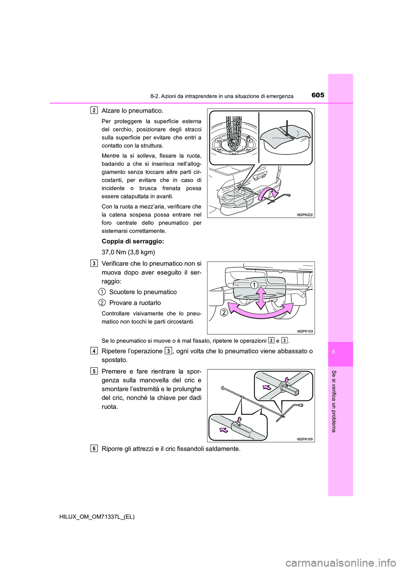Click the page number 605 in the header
click(318, 95)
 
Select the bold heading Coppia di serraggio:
click(133, 241)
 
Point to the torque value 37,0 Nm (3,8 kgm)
click(128, 252)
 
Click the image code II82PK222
click(304, 214)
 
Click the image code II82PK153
click(304, 331)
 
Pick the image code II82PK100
click(304, 439)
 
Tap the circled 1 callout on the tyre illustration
click(254, 285)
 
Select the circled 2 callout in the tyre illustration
click(224, 312)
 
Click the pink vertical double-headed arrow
click(261, 298)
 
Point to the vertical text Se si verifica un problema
click(334, 401)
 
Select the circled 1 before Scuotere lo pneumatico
click(102, 292)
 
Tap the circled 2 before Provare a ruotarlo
click(102, 303)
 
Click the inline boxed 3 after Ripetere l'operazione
click(168, 351)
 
